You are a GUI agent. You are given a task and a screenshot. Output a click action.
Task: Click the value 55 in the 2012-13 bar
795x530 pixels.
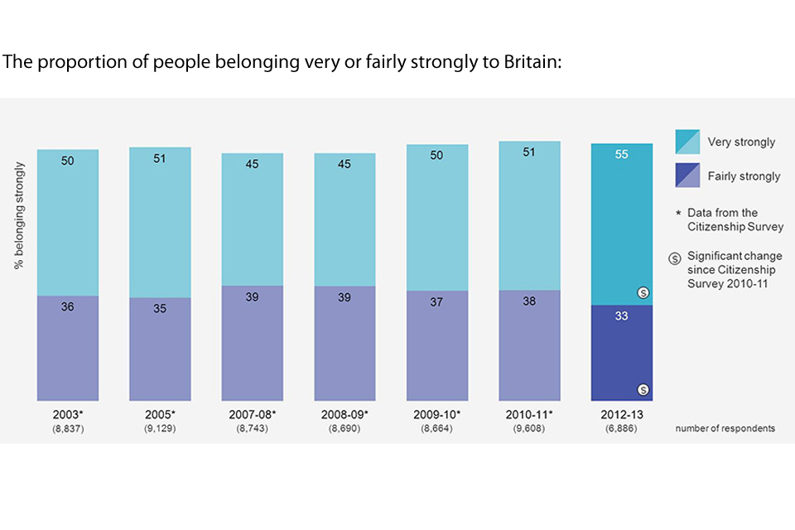tap(622, 155)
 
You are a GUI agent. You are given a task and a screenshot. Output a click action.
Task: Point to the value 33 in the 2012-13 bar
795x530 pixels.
tap(622, 316)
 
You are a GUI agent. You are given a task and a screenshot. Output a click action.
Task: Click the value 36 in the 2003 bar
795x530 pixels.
tap(68, 306)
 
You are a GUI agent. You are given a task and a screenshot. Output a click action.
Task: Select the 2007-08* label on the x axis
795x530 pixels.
tap(253, 413)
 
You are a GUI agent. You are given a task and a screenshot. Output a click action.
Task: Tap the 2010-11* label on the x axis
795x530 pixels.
tap(529, 413)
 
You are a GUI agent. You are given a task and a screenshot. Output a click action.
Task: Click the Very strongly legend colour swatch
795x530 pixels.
tap(689, 142)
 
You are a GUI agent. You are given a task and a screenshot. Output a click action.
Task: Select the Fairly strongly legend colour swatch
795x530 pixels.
tap(689, 176)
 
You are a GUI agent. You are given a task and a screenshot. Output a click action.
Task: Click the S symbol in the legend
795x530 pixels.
tap(675, 258)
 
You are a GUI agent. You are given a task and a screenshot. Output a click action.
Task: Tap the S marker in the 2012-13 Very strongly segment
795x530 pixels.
tap(642, 292)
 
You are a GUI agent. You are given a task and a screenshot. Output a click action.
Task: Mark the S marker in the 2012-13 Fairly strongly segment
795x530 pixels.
tap(642, 390)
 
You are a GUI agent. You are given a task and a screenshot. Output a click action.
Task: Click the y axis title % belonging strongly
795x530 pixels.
tap(19, 216)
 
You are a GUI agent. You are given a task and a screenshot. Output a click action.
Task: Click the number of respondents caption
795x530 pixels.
tap(725, 428)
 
